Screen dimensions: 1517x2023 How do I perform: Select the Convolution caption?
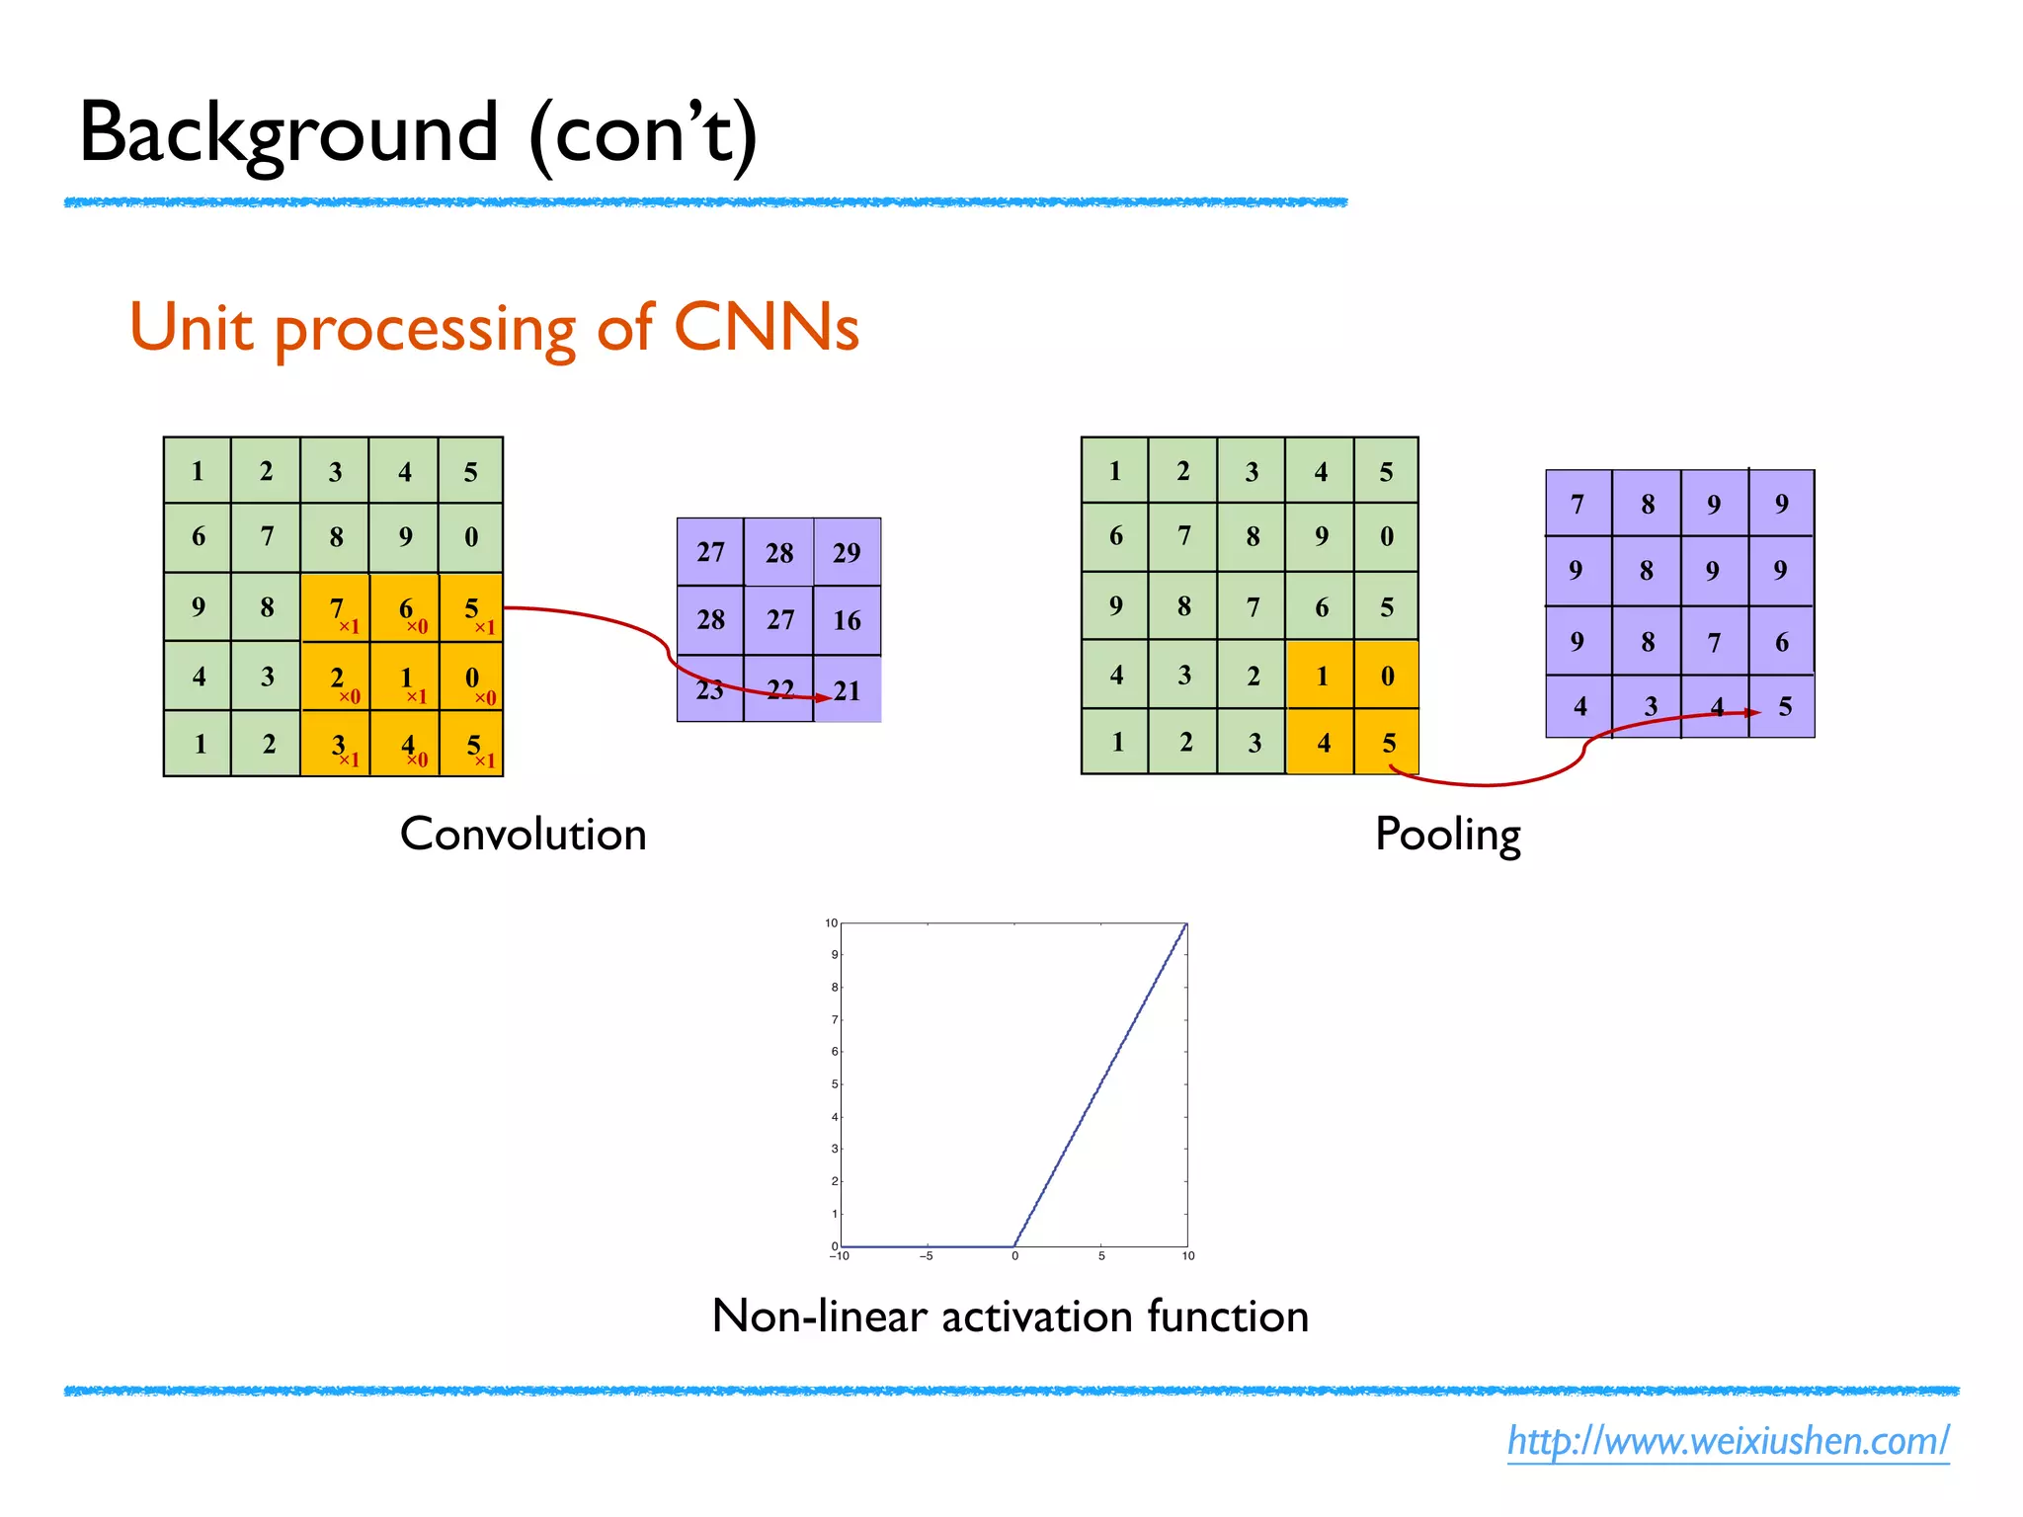coord(523,835)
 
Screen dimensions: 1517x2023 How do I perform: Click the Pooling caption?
coord(1447,836)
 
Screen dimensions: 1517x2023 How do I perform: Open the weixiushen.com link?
coord(1728,1441)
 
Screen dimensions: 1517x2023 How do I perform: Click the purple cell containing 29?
coord(847,552)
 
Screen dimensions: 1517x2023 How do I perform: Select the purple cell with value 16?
coord(847,620)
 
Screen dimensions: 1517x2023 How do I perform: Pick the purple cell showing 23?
coord(710,689)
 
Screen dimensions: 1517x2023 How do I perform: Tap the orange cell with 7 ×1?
coord(336,608)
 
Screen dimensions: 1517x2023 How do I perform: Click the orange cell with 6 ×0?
coord(405,608)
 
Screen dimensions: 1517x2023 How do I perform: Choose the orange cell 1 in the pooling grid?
coord(1321,676)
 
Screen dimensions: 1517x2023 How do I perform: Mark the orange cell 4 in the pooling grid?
coord(1323,743)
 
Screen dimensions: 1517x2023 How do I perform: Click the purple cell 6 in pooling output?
coord(1782,642)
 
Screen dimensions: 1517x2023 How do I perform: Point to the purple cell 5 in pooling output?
coord(1784,706)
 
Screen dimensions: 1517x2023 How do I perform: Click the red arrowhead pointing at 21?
coord(823,698)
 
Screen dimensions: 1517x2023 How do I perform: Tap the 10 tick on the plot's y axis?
coord(832,923)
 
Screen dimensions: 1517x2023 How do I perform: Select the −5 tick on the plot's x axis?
coord(927,1256)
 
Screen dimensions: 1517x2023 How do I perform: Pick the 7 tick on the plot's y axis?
coord(835,1019)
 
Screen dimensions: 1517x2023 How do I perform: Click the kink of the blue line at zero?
coord(1014,1246)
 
